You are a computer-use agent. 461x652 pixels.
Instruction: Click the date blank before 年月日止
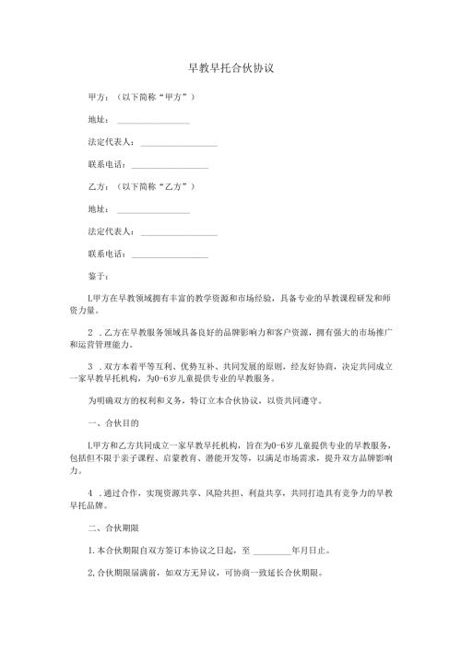click(x=270, y=553)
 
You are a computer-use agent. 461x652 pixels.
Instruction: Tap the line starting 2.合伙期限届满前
click(x=204, y=574)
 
